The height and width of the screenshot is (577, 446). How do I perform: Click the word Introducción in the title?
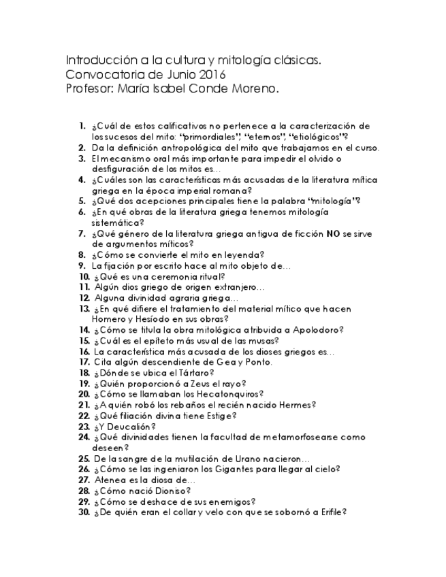tap(95, 61)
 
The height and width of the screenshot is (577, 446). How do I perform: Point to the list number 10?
tap(84, 277)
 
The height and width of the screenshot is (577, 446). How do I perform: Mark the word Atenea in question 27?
tap(108, 479)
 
